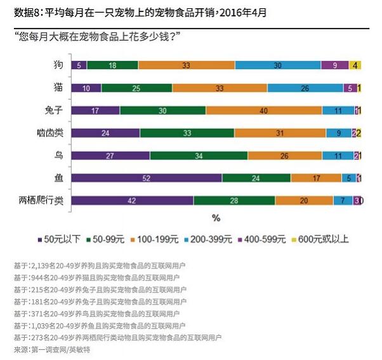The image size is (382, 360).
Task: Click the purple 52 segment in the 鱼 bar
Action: [147, 178]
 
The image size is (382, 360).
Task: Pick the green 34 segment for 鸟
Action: [199, 156]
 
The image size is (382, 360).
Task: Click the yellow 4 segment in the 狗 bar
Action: [355, 65]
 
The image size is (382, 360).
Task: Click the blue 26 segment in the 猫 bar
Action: [305, 88]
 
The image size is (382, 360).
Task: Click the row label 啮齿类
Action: [49, 133]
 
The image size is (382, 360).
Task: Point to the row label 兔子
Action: [53, 110]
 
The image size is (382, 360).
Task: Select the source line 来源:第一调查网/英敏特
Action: [56, 349]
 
